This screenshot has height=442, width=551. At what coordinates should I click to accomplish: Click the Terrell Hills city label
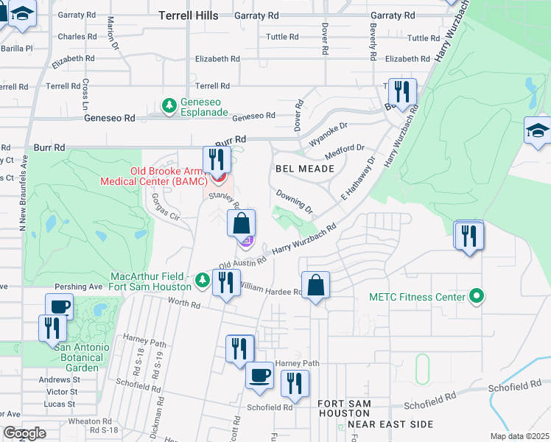(x=188, y=15)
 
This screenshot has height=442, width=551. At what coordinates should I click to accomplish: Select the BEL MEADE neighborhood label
(x=305, y=169)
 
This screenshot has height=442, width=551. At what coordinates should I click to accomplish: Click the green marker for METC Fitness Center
(x=477, y=297)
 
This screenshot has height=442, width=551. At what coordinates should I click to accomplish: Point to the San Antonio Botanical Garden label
(x=66, y=357)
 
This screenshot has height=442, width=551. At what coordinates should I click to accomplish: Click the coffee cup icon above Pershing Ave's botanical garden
(x=59, y=306)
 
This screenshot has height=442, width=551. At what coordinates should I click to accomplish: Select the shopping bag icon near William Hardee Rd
(x=315, y=285)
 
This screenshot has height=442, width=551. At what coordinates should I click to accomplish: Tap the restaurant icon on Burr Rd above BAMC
(x=217, y=158)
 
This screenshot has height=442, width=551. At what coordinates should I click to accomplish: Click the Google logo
(x=25, y=433)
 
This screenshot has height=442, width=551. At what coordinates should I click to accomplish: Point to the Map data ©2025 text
(x=519, y=436)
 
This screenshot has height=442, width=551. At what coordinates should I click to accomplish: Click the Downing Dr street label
(x=295, y=199)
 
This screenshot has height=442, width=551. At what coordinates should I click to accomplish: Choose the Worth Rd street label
(x=184, y=304)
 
